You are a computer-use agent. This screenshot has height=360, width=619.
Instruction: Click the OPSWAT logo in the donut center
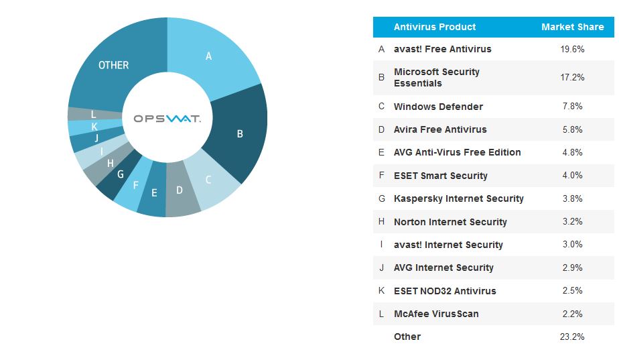167,118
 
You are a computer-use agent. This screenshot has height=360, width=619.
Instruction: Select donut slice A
208,56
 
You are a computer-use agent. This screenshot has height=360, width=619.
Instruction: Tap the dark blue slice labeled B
239,133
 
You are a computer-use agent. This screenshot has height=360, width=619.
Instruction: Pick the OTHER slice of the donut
114,65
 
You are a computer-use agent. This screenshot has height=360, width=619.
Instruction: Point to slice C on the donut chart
208,180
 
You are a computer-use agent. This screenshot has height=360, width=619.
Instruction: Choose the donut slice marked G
121,174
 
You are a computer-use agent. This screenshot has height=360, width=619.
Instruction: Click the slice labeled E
154,193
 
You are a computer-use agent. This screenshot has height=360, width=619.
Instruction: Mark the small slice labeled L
93,115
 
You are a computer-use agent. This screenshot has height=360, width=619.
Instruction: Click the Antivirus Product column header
435,27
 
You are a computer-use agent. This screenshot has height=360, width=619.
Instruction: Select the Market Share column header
572,27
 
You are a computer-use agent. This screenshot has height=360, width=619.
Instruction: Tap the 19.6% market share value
572,49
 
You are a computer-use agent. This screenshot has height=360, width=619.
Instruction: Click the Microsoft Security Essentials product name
436,77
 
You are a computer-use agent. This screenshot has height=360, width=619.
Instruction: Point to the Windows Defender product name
438,107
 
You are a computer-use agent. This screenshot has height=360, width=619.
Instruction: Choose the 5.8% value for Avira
572,129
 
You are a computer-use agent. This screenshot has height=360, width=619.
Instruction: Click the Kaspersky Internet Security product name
458,198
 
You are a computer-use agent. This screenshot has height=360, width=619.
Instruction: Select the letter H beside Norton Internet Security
381,222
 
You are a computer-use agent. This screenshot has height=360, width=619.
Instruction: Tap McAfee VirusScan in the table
436,314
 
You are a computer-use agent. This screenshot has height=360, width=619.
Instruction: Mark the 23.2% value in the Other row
572,337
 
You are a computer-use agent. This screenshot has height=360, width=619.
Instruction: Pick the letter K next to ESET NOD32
381,291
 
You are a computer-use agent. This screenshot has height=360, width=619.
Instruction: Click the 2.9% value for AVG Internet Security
572,267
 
